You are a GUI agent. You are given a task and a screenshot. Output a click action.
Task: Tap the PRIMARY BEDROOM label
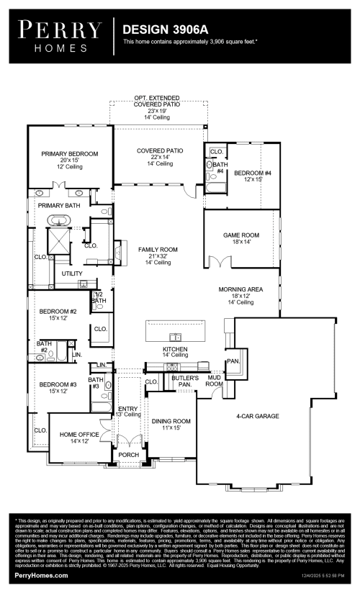click(x=70, y=154)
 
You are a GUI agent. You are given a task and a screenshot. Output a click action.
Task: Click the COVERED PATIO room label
click(x=160, y=151)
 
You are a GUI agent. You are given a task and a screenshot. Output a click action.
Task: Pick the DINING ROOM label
click(x=171, y=421)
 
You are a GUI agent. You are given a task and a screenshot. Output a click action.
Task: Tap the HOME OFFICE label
click(x=78, y=434)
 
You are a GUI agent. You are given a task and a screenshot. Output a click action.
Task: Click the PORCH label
click(x=129, y=455)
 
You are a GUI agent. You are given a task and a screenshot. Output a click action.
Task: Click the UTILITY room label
click(x=72, y=273)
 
